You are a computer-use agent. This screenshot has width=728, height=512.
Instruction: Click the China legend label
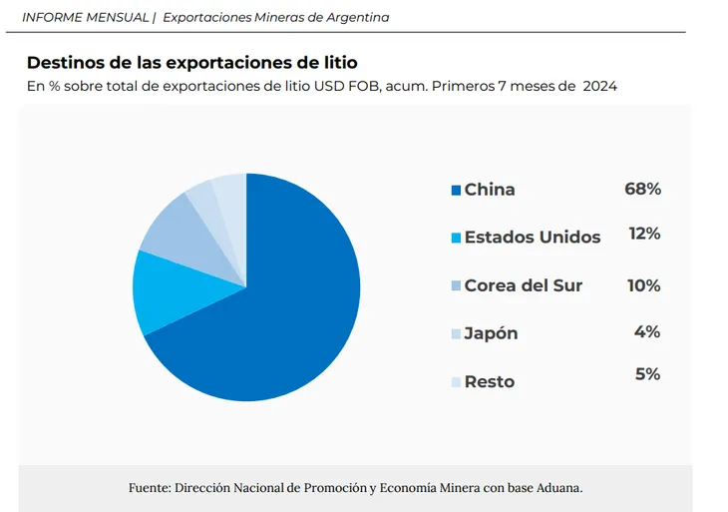[490, 190]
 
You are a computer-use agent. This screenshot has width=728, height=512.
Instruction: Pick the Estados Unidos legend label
[533, 238]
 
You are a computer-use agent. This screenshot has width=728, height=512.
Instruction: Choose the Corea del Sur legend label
[523, 285]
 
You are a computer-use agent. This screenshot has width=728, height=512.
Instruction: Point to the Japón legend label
[491, 333]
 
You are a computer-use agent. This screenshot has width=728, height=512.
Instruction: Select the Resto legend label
[490, 381]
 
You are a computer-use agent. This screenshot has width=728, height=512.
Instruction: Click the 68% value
[643, 189]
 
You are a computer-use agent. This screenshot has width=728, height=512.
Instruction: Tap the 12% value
[644, 234]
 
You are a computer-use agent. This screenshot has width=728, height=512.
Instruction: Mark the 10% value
[643, 285]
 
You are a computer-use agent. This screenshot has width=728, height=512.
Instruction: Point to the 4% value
[647, 331]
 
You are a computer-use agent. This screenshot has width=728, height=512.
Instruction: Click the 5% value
[647, 374]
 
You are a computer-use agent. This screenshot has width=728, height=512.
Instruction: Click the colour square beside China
[456, 190]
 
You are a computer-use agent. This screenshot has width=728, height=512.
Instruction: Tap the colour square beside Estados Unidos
[456, 238]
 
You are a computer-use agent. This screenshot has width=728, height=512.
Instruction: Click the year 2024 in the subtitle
[600, 86]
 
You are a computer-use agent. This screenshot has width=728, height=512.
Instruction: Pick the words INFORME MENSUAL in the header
[85, 17]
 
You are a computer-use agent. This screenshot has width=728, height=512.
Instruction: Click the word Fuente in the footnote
[149, 488]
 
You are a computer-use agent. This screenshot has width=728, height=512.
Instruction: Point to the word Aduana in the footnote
[556, 488]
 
